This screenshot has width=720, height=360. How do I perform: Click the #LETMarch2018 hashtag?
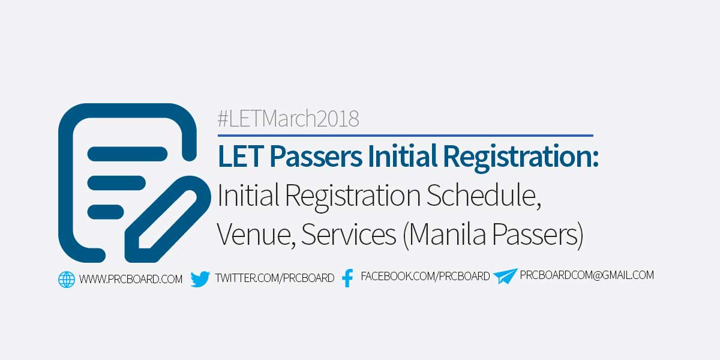288,119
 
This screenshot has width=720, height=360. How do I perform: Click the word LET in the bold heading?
240,157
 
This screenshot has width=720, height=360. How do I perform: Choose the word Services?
348,235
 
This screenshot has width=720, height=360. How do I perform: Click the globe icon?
67,279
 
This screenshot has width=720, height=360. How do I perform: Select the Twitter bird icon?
200,279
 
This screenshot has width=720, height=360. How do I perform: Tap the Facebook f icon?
347,278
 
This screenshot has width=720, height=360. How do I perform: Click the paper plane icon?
505,277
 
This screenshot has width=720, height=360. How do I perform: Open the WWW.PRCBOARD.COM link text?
131,279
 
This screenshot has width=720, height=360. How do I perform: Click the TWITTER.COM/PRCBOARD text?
274,278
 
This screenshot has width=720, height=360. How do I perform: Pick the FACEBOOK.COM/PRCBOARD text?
425,277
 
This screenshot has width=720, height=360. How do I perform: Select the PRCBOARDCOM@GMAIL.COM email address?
587,275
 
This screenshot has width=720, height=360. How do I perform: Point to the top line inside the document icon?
127,154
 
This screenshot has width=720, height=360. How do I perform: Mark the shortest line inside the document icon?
106,212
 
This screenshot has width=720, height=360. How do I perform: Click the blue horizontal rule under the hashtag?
405,136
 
